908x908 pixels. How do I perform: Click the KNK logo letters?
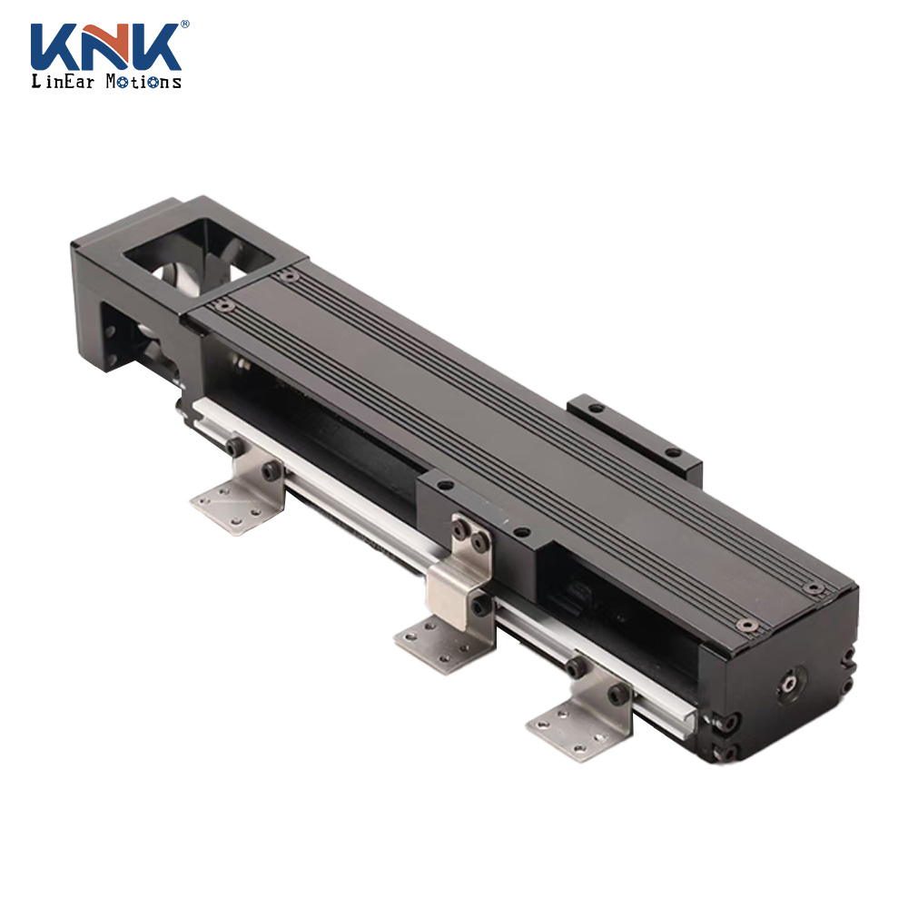point(106,47)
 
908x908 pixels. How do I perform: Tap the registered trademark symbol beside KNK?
point(184,25)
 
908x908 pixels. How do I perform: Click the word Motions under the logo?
point(143,82)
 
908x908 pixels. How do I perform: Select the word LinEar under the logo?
point(63,81)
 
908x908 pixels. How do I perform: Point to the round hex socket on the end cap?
point(791,684)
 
